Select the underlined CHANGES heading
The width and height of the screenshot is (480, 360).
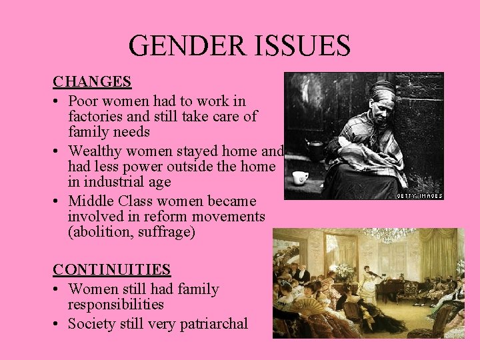92,82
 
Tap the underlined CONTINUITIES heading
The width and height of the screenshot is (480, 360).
112,270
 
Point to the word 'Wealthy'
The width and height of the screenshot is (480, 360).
97,151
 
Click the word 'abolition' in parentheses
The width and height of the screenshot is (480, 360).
101,233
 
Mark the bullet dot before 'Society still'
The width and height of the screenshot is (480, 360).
57,325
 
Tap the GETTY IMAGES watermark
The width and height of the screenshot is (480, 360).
419,195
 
